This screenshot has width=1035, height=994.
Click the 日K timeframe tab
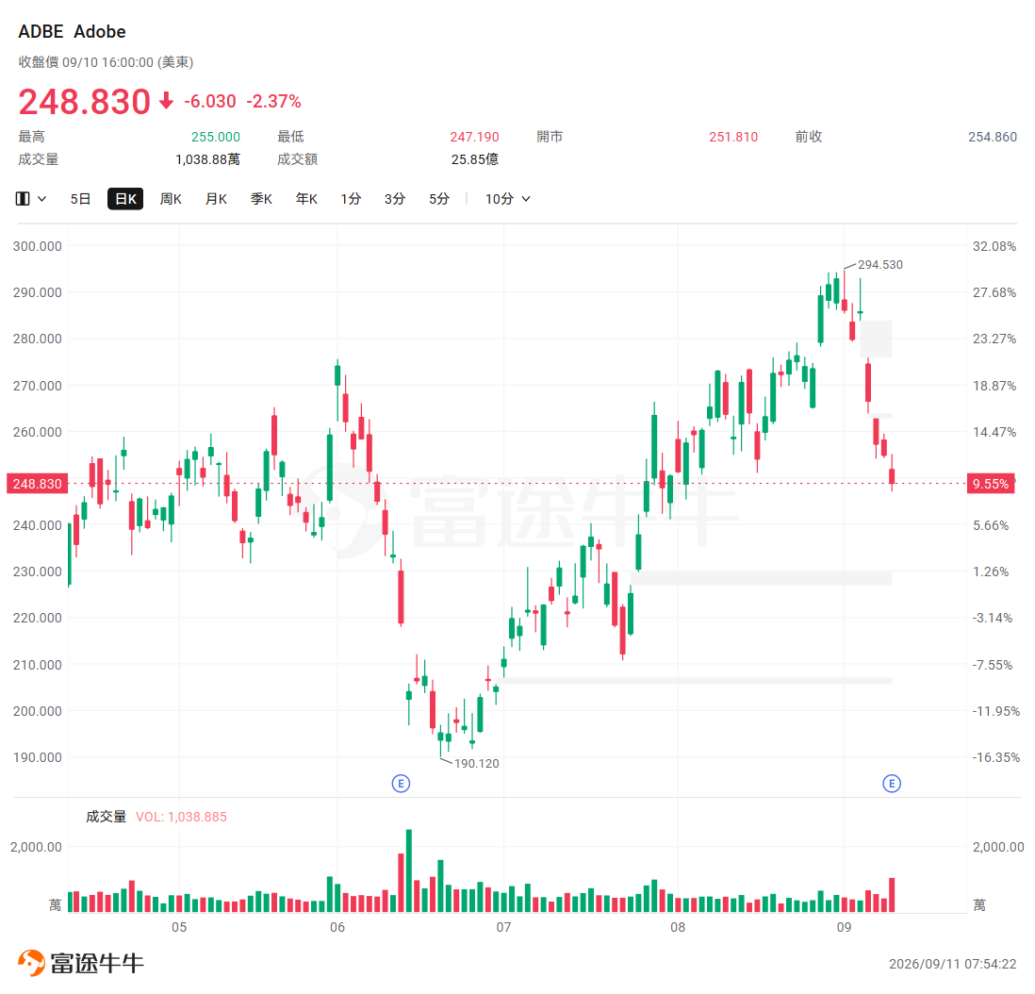[x=125, y=199]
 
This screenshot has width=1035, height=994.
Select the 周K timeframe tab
[x=171, y=199]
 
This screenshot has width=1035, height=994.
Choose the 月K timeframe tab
[x=216, y=199]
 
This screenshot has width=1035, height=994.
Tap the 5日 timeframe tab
[x=80, y=199]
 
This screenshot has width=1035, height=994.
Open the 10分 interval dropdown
[x=507, y=199]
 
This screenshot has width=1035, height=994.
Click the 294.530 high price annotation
[x=879, y=265]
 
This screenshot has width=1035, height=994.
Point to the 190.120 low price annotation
[x=477, y=764]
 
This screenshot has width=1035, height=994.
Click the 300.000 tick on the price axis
[x=37, y=246]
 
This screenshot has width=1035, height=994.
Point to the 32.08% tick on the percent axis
[x=994, y=246]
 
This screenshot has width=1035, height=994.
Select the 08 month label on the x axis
[x=678, y=927]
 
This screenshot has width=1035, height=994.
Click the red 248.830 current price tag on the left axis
[x=37, y=484]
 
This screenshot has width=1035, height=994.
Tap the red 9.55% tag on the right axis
[x=991, y=484]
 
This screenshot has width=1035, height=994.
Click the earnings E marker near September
[x=892, y=784]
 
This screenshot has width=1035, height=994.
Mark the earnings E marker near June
[x=401, y=784]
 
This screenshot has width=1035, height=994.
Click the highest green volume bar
[x=409, y=870]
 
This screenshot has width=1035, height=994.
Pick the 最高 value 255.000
[x=216, y=137]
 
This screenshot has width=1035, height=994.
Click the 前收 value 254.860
[x=992, y=137]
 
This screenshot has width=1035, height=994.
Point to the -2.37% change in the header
[x=274, y=101]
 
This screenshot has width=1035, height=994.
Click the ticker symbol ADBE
[x=41, y=32]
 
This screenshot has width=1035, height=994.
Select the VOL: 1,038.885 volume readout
[x=181, y=817]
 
